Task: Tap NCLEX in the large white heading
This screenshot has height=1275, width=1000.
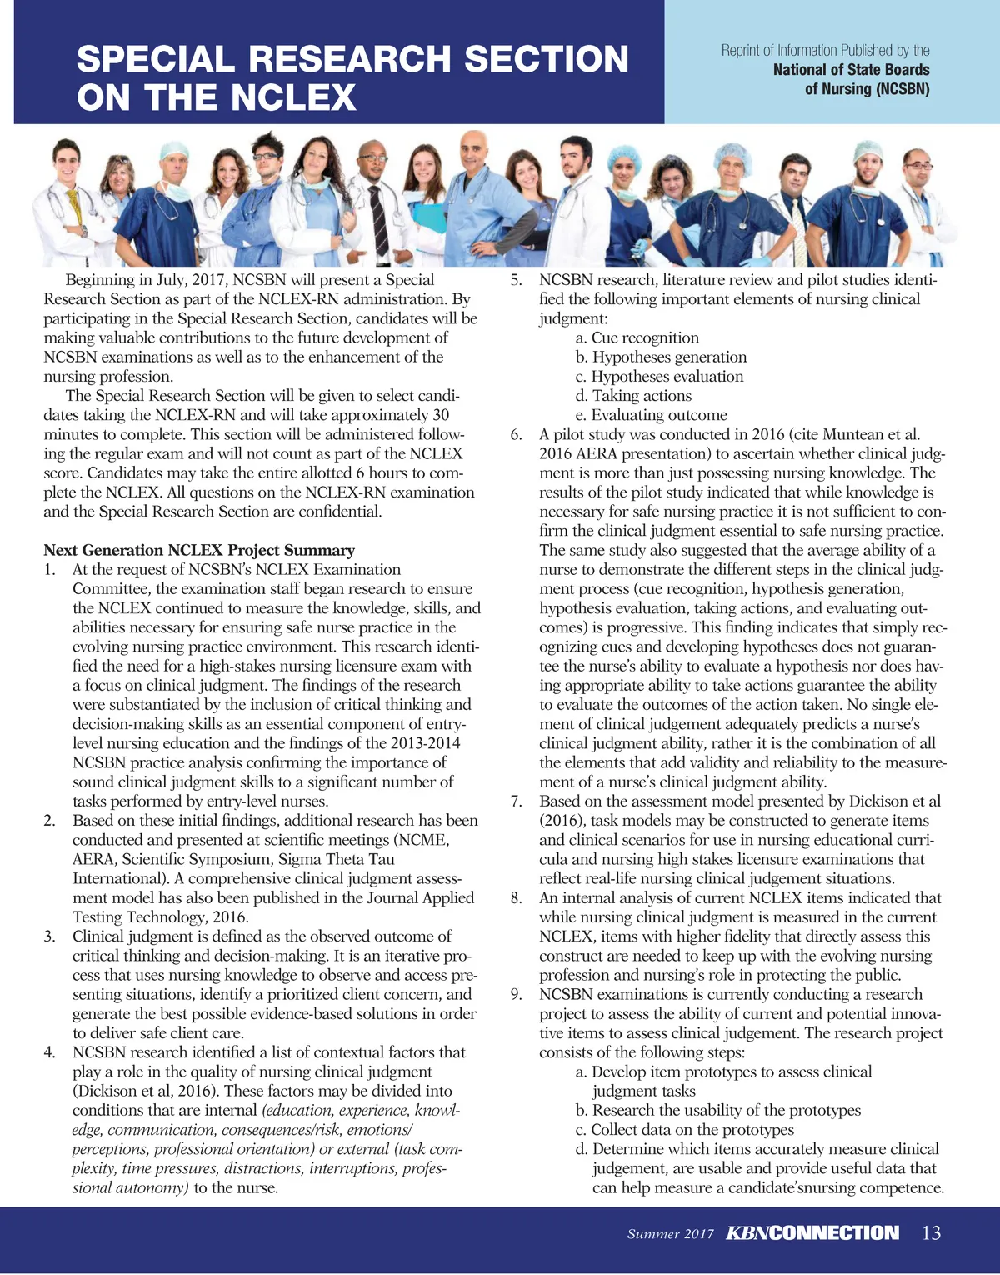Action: [x=294, y=98]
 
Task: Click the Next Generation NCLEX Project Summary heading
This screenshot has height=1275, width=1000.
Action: [x=199, y=550]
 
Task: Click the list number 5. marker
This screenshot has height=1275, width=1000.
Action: [x=516, y=280]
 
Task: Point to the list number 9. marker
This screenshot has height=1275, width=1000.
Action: [x=516, y=994]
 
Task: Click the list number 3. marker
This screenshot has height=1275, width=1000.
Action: [x=49, y=937]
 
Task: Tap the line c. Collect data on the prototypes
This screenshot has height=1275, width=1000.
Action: [x=692, y=1130]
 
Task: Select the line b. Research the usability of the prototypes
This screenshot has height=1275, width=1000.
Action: [x=726, y=1111]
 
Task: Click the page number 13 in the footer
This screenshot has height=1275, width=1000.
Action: [x=932, y=1233]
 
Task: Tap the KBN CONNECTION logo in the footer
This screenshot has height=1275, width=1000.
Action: [x=812, y=1233]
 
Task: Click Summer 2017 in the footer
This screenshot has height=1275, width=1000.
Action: [x=670, y=1234]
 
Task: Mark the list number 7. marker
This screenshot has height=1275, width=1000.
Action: [x=516, y=802]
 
